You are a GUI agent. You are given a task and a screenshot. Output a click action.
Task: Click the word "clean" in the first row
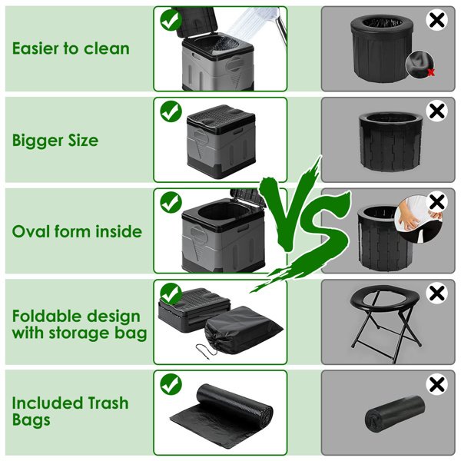click(107, 48)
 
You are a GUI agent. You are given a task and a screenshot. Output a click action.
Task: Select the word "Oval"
click(31, 231)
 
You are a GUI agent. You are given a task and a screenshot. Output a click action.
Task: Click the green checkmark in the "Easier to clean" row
click(171, 20)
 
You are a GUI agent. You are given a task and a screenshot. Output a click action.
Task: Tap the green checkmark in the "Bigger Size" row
click(171, 111)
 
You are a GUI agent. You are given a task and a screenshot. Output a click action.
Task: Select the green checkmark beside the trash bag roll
click(171, 384)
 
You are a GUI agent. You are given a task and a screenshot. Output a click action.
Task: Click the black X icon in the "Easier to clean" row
click(437, 20)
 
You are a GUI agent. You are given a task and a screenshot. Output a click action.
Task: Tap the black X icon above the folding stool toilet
click(437, 294)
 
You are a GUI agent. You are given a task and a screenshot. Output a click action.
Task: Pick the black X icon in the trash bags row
click(437, 384)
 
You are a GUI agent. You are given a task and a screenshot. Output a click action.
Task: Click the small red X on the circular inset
click(431, 72)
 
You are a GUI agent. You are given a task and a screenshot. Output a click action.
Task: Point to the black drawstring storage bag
click(243, 330)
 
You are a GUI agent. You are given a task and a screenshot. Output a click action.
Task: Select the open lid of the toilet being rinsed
click(197, 22)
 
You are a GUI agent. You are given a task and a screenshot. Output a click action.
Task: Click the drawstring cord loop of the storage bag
click(207, 350)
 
